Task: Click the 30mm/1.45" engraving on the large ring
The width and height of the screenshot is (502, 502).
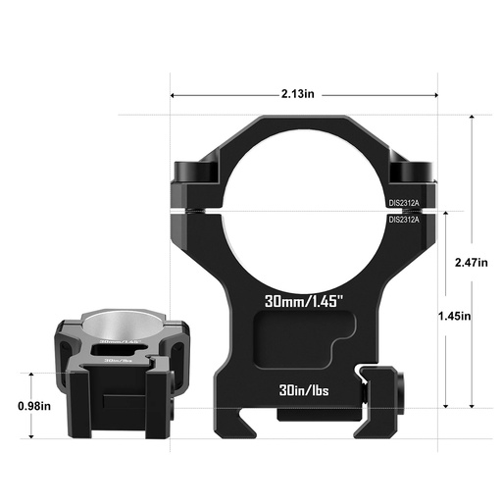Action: pos(304,297)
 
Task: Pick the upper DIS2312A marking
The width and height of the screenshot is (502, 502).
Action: pos(403,204)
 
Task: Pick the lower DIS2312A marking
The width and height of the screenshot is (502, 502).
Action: pos(403,219)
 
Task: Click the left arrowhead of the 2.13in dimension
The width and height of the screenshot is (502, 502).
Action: pos(175,95)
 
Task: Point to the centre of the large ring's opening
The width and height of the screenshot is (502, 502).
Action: pos(304,202)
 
